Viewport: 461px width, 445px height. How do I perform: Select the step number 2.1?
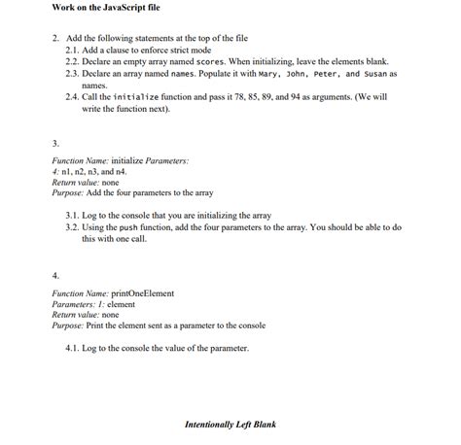(72, 49)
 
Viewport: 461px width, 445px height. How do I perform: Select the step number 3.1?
(72, 215)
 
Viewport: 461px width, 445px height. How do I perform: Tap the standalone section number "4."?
(55, 274)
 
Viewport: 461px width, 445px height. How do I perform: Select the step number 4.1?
(72, 347)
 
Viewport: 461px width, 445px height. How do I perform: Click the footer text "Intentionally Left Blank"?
(230, 424)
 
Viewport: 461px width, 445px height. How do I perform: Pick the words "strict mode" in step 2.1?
(191, 49)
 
